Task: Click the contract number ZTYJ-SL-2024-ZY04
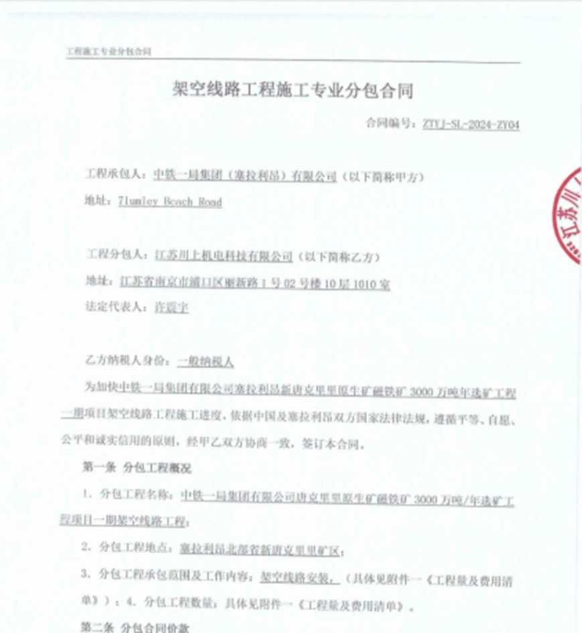(471, 125)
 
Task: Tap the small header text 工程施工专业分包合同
(109, 52)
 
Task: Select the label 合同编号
(390, 125)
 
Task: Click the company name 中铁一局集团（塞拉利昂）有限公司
(245, 176)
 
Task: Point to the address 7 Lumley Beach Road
(169, 202)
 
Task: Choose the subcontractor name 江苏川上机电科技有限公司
(224, 255)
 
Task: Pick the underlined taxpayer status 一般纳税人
(206, 362)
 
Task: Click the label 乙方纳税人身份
(125, 362)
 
